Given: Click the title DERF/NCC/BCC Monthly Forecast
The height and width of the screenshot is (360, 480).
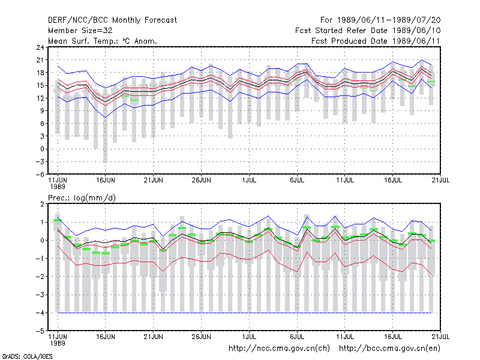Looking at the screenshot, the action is [112, 20].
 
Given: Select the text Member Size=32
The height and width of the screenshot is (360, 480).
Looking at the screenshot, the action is [80, 31].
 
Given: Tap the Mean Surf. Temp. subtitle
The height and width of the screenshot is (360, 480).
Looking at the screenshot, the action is [103, 41].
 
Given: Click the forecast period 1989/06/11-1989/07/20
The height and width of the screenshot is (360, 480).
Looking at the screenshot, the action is [380, 20].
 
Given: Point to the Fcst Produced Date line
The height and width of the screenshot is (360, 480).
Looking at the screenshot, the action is [376, 41].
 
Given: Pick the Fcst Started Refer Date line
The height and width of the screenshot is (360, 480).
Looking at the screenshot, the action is [368, 31].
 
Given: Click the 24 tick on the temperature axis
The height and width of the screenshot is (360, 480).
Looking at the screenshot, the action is [40, 47].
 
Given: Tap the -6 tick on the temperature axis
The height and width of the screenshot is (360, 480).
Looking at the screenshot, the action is [40, 174].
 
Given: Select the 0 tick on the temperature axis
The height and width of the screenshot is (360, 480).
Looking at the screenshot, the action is [42, 149].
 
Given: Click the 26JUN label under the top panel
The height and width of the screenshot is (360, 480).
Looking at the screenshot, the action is [202, 180].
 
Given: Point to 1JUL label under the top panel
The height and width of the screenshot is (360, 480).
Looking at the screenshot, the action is [249, 180].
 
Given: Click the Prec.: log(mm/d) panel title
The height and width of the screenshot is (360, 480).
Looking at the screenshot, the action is [82, 198].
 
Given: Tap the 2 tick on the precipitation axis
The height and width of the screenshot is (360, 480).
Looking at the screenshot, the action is [42, 204].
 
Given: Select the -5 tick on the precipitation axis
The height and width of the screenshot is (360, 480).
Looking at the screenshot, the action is [40, 331].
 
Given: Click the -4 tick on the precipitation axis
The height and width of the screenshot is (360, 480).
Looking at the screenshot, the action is [40, 313].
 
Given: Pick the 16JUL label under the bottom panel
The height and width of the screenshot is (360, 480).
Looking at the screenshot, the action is [393, 337].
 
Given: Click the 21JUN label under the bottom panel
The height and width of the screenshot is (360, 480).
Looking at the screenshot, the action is [154, 337].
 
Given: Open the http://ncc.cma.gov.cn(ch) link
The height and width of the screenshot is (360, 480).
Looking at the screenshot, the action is [279, 349].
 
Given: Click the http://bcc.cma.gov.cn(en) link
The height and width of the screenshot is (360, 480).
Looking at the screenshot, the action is [389, 349].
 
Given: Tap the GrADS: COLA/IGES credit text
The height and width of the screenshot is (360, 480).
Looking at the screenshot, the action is [27, 356].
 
